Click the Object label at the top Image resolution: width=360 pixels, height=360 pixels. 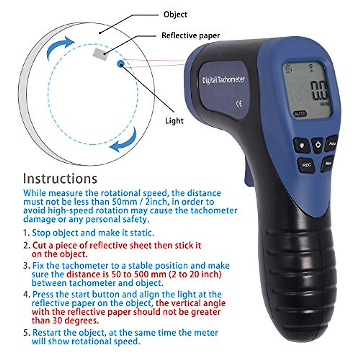coord(175,14)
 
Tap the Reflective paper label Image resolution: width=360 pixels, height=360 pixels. coord(190,35)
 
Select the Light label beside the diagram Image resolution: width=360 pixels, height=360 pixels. coord(174,121)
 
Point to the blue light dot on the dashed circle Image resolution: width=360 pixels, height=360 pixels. coord(121,63)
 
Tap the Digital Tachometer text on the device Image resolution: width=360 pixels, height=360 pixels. coord(223,80)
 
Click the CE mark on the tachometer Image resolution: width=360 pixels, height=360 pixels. coord(239,104)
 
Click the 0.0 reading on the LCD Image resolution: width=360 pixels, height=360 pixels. coord(319,91)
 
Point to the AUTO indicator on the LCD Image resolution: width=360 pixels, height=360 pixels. coord(300,114)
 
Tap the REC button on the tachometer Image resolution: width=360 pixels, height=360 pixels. coord(306,165)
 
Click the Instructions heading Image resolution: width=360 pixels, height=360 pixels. coord(60,178)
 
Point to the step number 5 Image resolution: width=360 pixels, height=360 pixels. coord(26,333)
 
